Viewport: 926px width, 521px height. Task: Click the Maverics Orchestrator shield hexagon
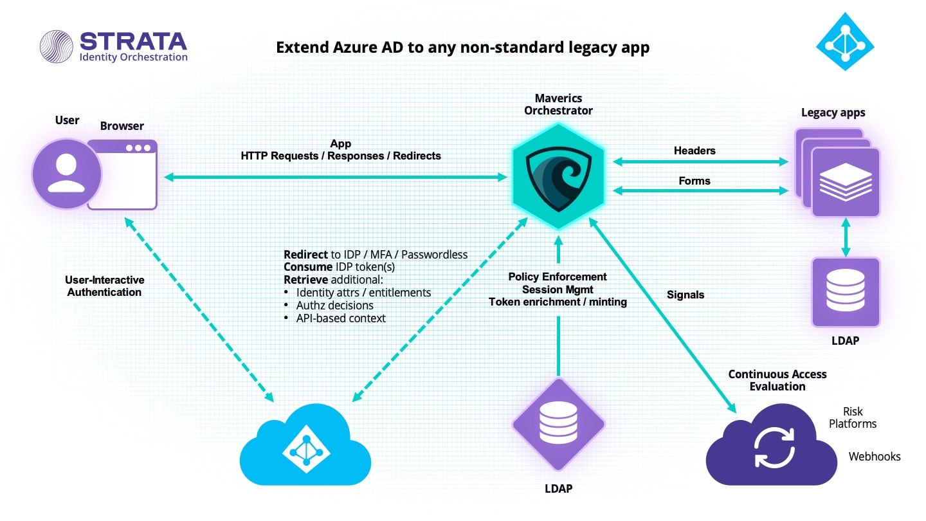pos(558,176)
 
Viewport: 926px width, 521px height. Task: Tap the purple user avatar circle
pos(67,174)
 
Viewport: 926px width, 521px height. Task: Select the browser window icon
pos(123,175)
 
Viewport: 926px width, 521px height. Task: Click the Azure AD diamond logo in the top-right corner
pos(845,41)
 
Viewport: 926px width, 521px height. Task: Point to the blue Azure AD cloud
pos(305,445)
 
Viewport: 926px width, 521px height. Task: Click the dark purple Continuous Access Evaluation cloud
pos(772,445)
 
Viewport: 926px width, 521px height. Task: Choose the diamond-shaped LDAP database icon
pos(558,425)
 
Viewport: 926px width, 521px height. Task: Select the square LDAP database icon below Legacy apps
pos(846,292)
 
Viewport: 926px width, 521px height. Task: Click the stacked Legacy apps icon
pos(837,173)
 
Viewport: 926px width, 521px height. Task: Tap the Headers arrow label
pos(694,151)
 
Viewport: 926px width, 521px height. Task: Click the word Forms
pos(694,181)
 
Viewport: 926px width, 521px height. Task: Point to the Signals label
pos(685,295)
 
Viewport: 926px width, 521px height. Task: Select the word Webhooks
pos(875,457)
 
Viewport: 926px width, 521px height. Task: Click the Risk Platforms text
pos(853,417)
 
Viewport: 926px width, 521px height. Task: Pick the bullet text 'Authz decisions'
pos(335,306)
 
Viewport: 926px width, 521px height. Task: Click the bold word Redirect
pos(306,255)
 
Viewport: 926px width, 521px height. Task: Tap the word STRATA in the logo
pos(133,41)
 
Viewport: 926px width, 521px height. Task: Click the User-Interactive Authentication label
pos(105,286)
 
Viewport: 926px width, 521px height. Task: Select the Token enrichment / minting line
pos(558,302)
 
